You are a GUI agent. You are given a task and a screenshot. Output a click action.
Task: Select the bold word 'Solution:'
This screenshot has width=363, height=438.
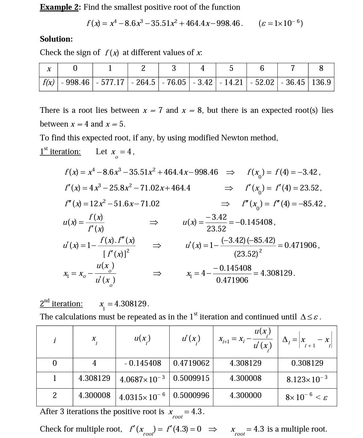[x=56, y=39]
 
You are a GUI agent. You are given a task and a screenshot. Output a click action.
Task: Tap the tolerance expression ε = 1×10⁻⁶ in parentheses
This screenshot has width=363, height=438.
[x=281, y=23]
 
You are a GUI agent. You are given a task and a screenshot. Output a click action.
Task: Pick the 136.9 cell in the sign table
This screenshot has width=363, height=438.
[x=321, y=82]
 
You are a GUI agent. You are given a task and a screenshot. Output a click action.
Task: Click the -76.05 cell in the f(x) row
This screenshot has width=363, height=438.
[x=174, y=82]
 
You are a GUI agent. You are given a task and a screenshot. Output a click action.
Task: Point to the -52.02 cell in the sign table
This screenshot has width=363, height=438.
[x=262, y=82]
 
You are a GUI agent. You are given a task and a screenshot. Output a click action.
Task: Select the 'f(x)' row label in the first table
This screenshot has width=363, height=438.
[x=49, y=82]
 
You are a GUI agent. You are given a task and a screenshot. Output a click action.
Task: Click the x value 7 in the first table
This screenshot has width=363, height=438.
[x=292, y=68]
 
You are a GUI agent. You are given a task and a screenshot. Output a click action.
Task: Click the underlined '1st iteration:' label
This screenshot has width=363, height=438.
[x=60, y=151]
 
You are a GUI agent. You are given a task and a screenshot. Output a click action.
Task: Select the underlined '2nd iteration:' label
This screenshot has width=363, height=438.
[x=61, y=303]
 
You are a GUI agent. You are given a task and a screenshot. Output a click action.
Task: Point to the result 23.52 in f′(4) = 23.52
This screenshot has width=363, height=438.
[x=310, y=188]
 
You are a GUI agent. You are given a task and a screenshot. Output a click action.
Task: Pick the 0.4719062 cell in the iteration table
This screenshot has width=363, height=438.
[x=191, y=363]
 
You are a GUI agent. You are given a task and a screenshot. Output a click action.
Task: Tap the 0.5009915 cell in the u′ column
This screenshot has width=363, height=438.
[x=191, y=378]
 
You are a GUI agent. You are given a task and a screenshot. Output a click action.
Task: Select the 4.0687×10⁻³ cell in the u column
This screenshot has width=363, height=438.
[x=142, y=379]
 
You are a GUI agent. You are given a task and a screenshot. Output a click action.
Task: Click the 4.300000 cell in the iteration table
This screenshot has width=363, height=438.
[x=245, y=395]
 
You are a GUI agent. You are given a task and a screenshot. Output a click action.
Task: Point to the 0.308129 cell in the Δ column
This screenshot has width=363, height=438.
[x=307, y=363]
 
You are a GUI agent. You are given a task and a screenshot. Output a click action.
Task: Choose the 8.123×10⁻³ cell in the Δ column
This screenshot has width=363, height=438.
[x=307, y=379]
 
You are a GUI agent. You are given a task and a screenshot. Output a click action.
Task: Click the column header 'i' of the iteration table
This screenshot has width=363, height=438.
[x=54, y=340]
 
